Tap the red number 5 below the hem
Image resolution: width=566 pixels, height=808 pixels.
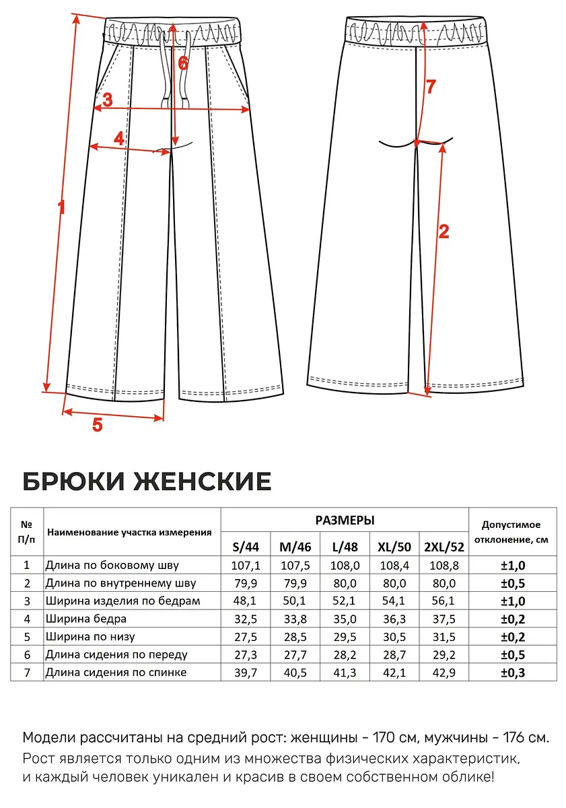98,425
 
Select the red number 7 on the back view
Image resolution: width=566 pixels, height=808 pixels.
431,87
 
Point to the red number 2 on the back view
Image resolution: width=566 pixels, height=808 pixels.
444,231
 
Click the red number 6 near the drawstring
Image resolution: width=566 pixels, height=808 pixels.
183,63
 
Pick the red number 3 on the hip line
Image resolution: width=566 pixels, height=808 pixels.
108,100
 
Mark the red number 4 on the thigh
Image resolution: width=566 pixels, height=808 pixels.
119,139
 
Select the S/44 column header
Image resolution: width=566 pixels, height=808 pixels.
246,547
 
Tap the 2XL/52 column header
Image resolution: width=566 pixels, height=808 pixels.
444,547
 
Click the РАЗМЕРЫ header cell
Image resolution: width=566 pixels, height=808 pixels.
345,520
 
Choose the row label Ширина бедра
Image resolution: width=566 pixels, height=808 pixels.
85,619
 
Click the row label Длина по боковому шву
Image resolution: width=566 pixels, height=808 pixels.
112,565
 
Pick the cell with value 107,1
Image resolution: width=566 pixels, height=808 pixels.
246,566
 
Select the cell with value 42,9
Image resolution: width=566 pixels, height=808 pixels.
444,673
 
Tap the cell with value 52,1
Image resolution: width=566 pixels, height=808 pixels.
345,601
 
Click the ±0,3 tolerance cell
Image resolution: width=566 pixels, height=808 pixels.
513,673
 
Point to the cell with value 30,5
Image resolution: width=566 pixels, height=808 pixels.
394,637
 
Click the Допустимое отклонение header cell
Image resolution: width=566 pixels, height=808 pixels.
512,532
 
